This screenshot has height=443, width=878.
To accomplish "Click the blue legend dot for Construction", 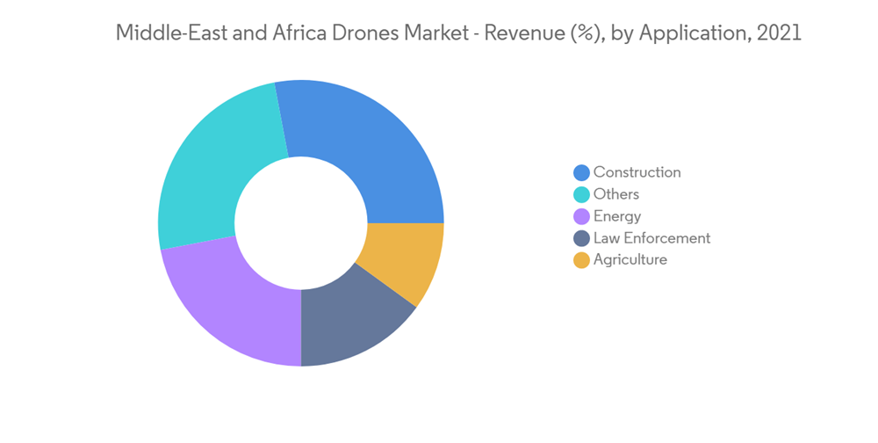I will (x=581, y=173).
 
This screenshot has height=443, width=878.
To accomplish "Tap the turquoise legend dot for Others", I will (x=581, y=195).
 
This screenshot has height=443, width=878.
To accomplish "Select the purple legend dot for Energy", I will (x=581, y=217).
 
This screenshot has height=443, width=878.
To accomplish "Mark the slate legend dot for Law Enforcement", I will (x=581, y=239).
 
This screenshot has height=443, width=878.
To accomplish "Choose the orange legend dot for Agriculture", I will (x=581, y=261).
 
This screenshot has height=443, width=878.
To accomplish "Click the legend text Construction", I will (x=637, y=172).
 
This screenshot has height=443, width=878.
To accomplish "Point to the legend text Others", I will (x=616, y=194).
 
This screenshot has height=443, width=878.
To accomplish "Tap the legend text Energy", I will (x=617, y=216).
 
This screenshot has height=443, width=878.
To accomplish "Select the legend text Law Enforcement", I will (x=651, y=238).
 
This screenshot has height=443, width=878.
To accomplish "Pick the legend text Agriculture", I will (x=630, y=260).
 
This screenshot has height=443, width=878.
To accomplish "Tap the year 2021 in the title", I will (x=778, y=33).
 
